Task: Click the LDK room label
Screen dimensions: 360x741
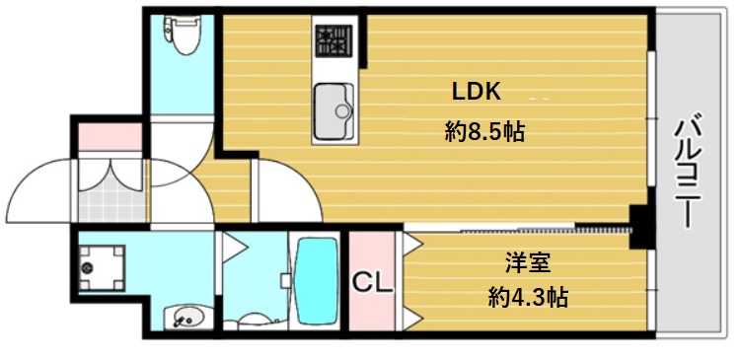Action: [x=479, y=92]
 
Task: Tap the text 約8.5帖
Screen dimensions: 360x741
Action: [x=483, y=132]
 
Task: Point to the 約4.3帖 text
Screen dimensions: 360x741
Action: [x=527, y=296]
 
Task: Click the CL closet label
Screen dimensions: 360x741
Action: [x=373, y=282]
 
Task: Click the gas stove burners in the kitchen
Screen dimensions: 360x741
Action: [x=333, y=42]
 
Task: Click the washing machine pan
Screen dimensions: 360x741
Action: [x=102, y=265]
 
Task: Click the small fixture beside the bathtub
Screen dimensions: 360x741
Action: [x=285, y=280]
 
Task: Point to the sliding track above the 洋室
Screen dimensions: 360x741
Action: [x=518, y=229]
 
